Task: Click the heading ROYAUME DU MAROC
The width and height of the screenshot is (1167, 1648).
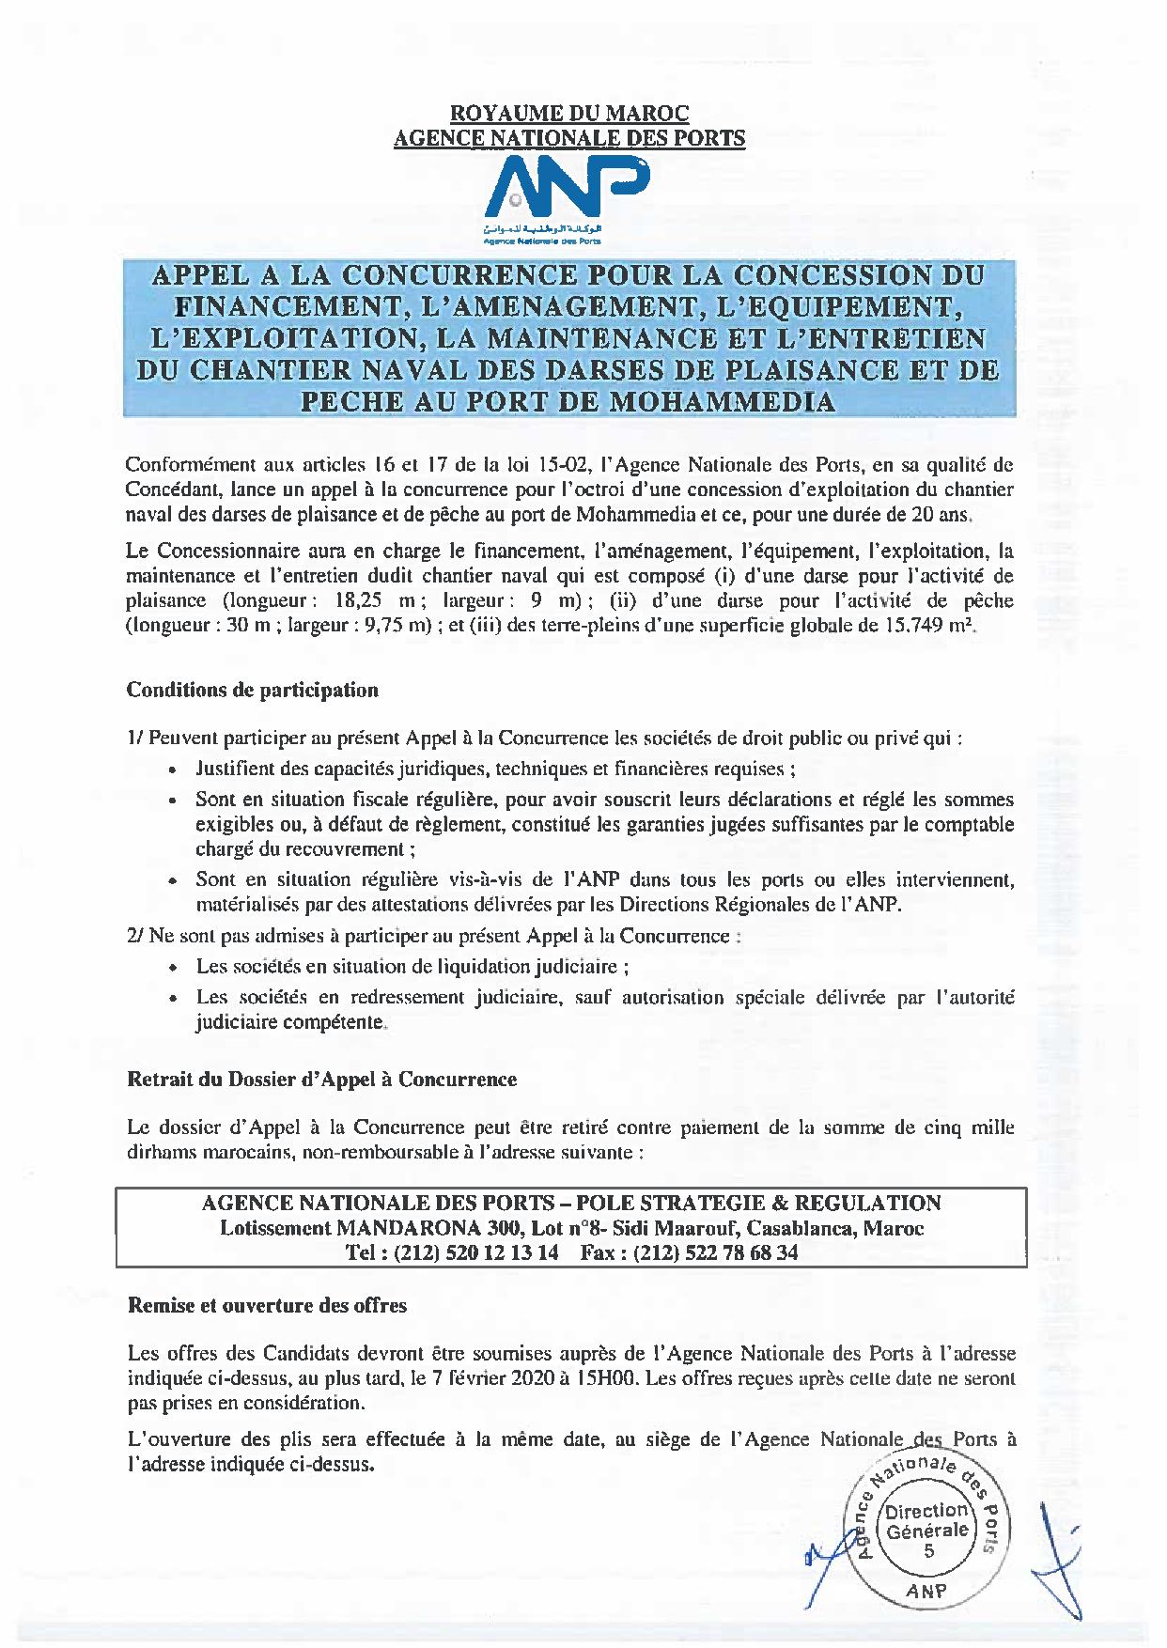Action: (569, 114)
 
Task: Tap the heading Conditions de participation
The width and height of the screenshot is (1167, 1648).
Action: (252, 691)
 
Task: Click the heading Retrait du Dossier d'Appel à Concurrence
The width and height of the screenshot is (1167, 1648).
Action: (321, 1080)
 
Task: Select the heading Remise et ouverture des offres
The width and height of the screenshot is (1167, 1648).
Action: (267, 1306)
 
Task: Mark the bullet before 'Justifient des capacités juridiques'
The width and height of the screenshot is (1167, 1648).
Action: (173, 770)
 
